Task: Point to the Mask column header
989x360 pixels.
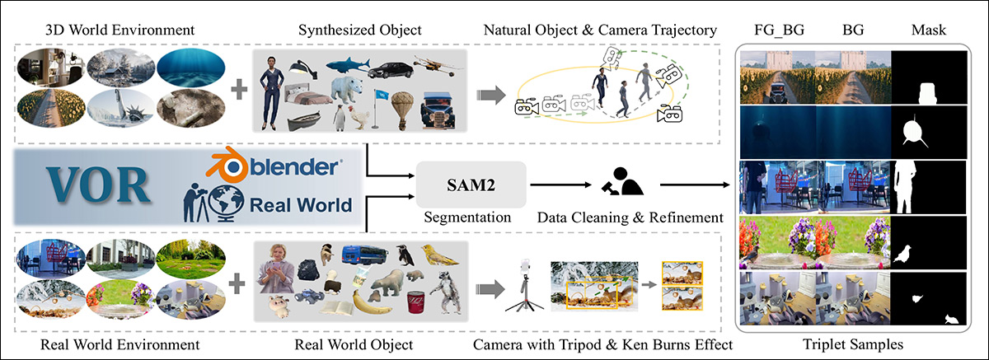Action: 929,30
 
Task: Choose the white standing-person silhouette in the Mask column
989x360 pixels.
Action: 907,185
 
